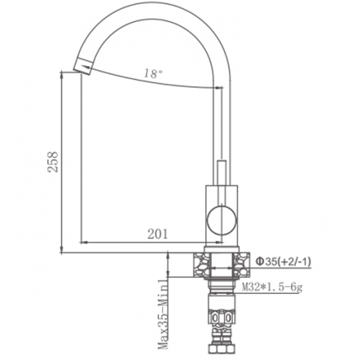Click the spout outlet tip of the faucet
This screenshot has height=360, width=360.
point(82,66)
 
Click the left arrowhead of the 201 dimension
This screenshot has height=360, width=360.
point(85,242)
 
